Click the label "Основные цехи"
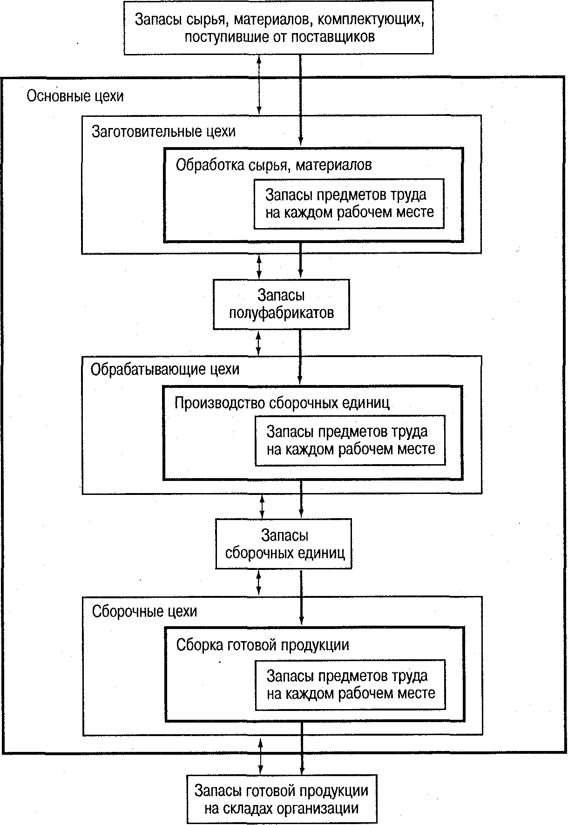coord(75,96)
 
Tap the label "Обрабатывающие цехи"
coord(165,370)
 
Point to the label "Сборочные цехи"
coord(144,611)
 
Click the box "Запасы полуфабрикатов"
coord(281,304)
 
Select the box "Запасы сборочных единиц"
coord(284,544)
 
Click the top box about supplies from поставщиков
coord(279,27)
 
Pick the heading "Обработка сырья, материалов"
coord(274,165)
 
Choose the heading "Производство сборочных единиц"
coord(282,403)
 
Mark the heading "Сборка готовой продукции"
coord(263,645)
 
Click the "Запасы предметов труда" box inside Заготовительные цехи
coord(349,203)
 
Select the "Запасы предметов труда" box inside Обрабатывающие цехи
coord(350,440)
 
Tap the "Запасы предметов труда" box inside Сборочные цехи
coord(350,684)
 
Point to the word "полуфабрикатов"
coord(281,313)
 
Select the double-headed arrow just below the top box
coord(259,84)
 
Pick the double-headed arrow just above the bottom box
coord(261,755)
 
